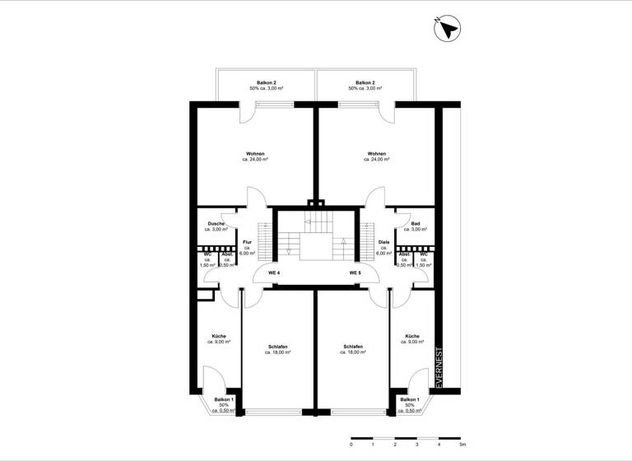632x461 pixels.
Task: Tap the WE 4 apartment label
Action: click(274, 272)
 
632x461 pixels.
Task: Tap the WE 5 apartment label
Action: click(355, 272)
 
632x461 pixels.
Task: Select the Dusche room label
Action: click(216, 224)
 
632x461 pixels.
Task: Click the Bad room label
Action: click(416, 224)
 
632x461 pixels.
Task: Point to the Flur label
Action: click(247, 242)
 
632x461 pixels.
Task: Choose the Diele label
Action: click(383, 242)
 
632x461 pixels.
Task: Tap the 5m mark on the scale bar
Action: click(462, 445)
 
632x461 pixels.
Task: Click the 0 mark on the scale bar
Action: click(351, 445)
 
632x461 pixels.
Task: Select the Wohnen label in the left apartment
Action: click(255, 153)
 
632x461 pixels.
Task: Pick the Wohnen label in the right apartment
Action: click(377, 153)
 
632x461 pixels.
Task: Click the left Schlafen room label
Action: click(278, 347)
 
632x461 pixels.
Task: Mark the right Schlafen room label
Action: click(352, 347)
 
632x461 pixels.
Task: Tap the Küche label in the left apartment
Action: click(219, 336)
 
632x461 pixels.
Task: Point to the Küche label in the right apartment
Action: click(412, 336)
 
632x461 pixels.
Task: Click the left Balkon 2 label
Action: click(265, 83)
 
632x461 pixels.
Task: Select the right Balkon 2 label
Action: click(365, 83)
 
